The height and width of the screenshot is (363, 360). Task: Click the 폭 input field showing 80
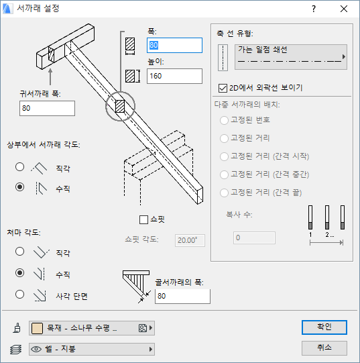point(174,45)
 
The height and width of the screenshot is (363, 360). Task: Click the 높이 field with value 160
point(174,76)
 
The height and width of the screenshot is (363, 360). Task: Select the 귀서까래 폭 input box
point(47,108)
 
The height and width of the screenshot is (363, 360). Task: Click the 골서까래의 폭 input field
point(182,296)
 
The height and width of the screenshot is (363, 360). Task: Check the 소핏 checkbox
point(143,219)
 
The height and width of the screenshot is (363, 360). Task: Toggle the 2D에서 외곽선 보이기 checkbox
point(223,88)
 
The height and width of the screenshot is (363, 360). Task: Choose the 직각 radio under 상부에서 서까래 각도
point(19,166)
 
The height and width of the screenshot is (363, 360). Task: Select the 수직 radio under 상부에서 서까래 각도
point(19,187)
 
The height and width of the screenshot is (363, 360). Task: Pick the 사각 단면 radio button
point(19,295)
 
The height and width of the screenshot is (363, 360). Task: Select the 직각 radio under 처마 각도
point(19,252)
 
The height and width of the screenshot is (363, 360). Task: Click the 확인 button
point(324,327)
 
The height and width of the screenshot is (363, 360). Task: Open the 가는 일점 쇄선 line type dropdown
point(291,57)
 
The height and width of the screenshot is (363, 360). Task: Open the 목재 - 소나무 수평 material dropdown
point(92,328)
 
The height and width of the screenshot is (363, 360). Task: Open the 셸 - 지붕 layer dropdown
point(92,349)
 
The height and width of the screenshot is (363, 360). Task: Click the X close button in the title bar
point(344,9)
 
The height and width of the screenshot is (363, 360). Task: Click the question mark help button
point(314,9)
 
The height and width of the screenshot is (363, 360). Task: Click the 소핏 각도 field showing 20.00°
point(190,240)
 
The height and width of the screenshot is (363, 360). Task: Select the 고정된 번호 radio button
point(224,120)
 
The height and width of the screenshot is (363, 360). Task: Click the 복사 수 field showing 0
point(254,238)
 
